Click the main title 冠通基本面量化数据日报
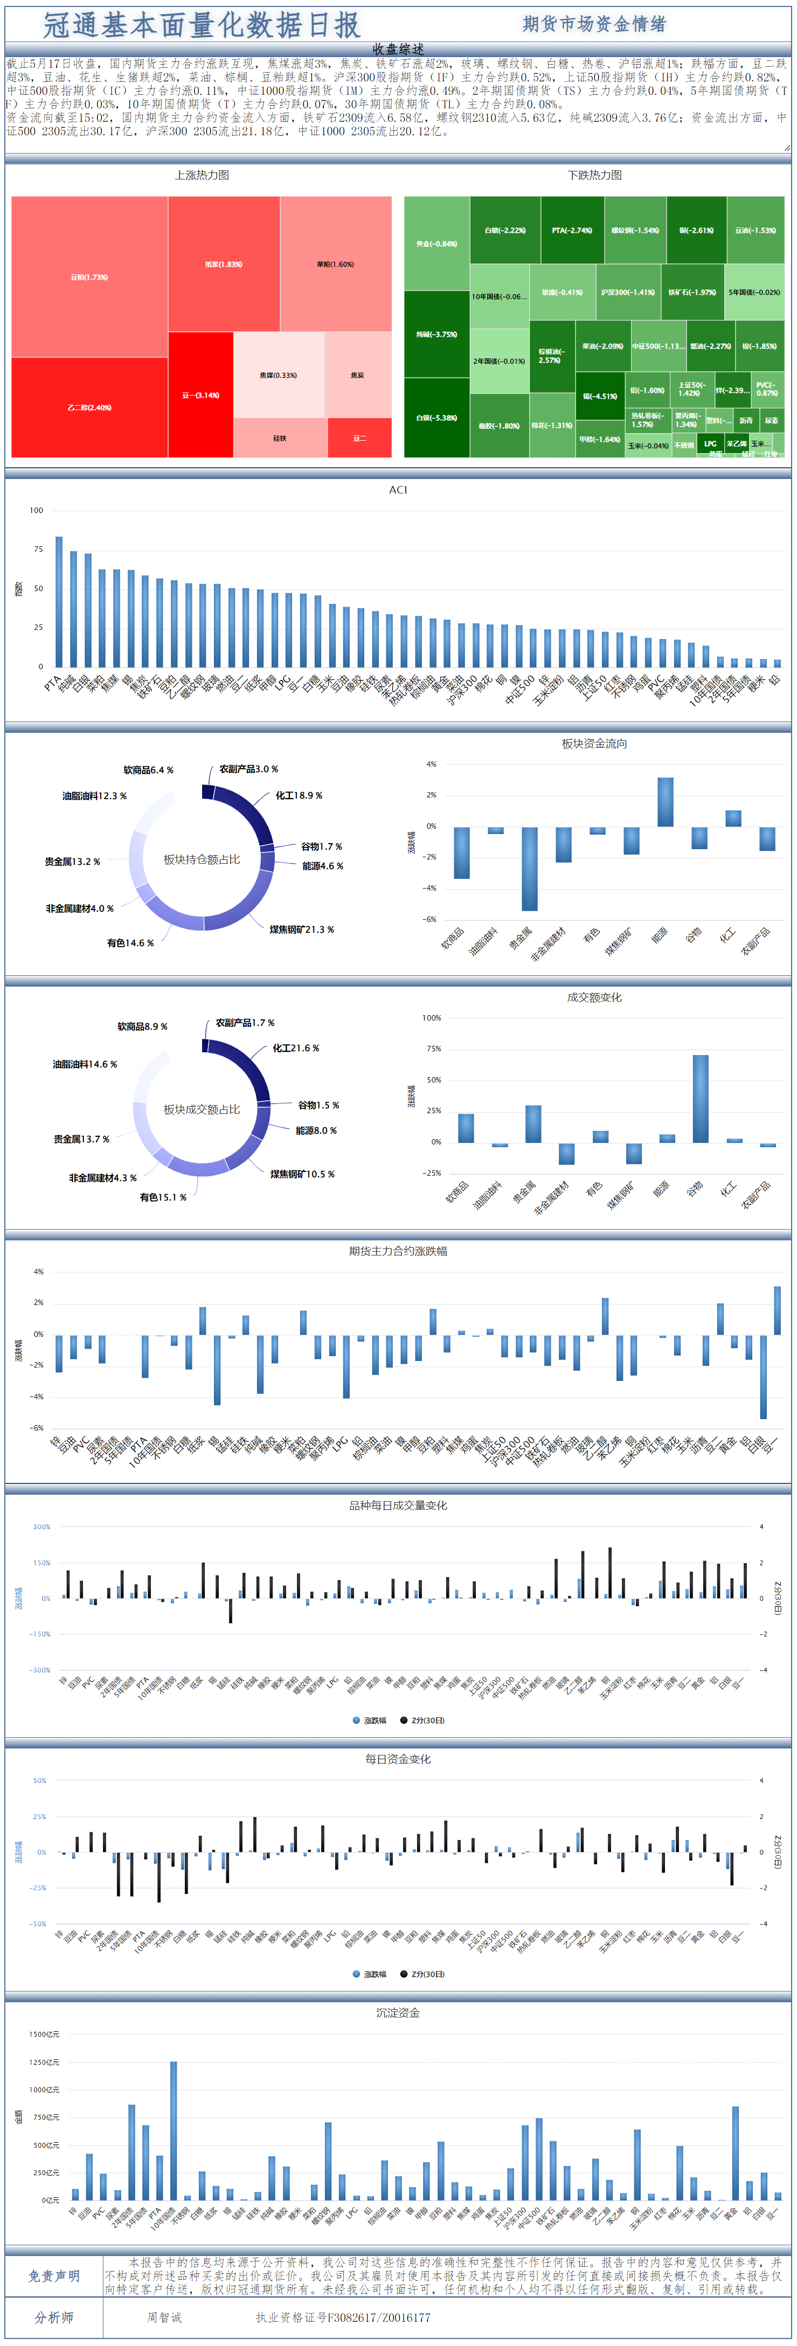point(202,25)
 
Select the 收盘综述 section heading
point(398,49)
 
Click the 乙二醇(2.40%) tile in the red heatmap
point(89,407)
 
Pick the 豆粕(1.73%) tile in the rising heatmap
point(89,277)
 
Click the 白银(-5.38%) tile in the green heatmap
point(436,418)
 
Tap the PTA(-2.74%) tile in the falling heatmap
point(571,231)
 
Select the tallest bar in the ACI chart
point(59,601)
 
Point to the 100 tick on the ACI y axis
point(37,510)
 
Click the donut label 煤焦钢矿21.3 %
point(301,930)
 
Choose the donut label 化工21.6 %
point(296,1048)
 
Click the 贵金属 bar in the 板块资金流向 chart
point(529,868)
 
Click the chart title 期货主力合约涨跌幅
point(398,1251)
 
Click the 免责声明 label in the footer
point(54,2276)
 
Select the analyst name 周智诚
point(165,2318)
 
